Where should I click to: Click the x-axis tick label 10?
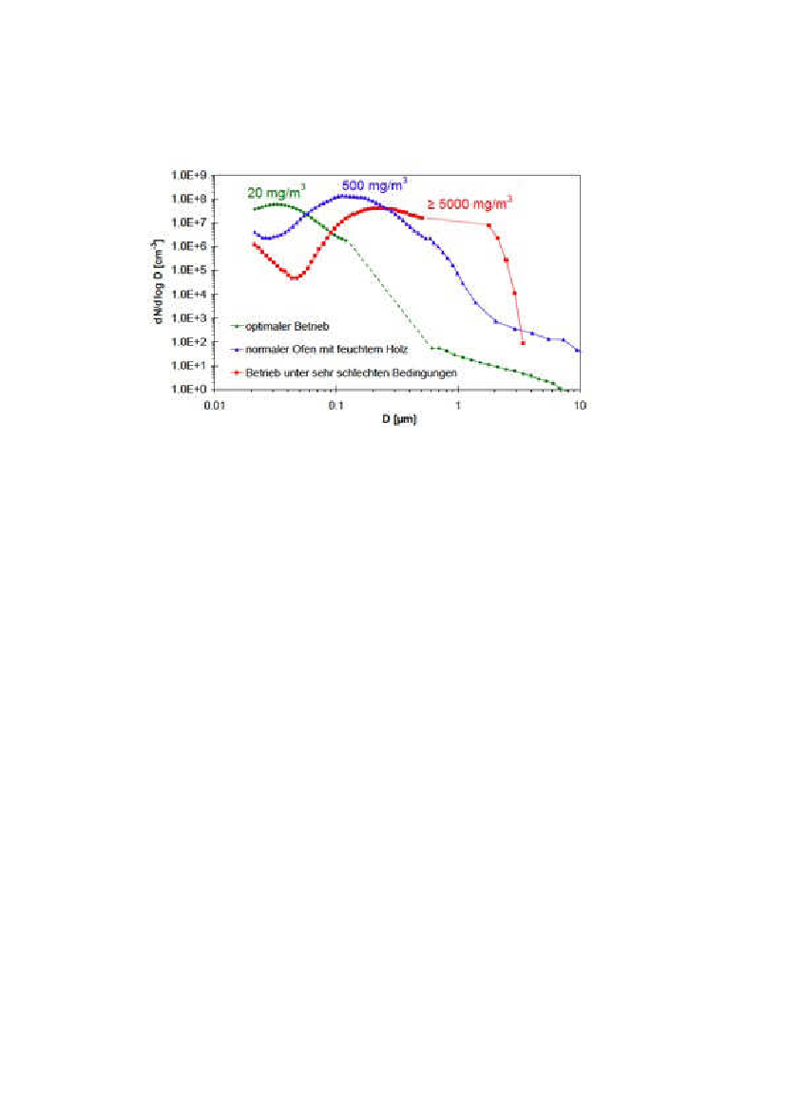(579, 404)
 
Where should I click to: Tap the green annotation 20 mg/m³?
(274, 192)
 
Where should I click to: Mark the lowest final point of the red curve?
(523, 342)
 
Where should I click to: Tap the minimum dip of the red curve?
(295, 278)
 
